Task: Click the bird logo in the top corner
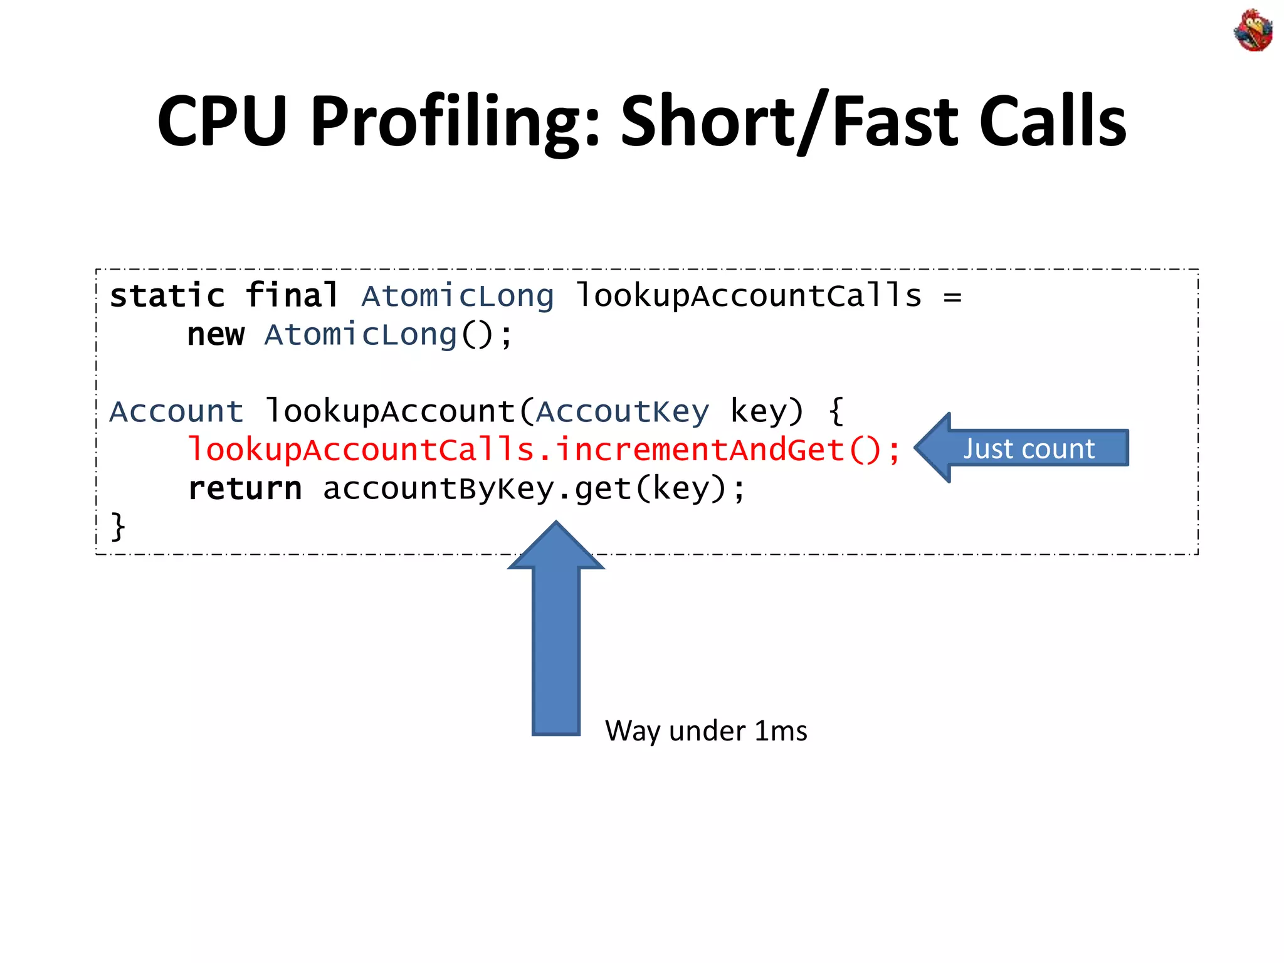pos(1253,30)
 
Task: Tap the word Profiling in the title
pos(455,122)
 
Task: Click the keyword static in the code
pos(167,296)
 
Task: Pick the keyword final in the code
pos(292,296)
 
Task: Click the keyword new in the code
pos(216,335)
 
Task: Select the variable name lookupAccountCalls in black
pos(749,296)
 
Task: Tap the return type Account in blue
pos(176,412)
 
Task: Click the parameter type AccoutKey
pos(623,412)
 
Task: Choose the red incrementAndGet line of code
pos(544,450)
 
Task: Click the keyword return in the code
pos(245,489)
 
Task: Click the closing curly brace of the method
pos(118,527)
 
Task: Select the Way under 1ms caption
pos(706,731)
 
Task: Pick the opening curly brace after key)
pos(836,412)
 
